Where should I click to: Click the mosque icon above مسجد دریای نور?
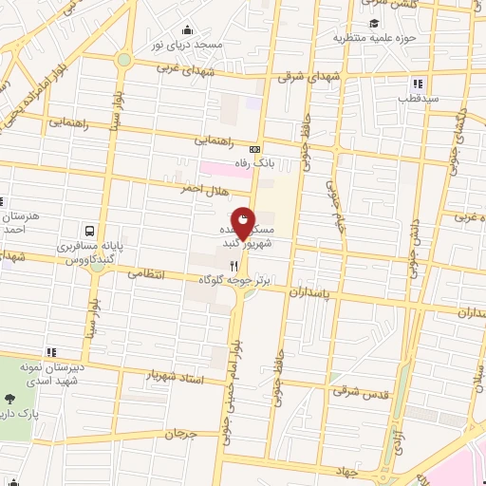[187, 30]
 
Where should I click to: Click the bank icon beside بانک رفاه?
[254, 149]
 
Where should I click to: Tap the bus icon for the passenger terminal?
[89, 231]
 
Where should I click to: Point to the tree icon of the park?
[11, 400]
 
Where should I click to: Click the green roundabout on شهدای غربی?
[123, 59]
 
